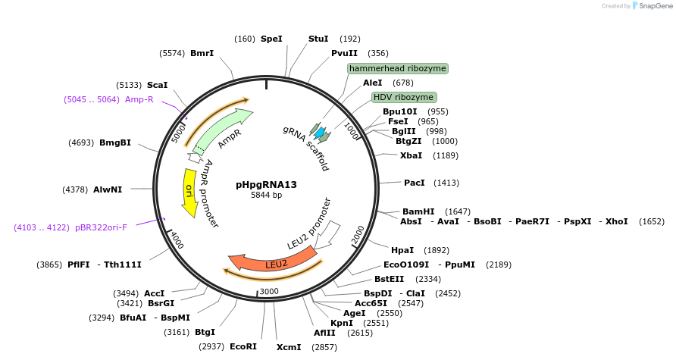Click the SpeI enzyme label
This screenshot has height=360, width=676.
(271, 39)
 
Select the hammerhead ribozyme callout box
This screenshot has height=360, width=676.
(398, 68)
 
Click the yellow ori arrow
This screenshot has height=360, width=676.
(190, 193)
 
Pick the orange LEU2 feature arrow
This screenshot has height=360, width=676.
(273, 262)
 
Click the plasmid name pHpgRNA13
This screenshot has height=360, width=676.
(266, 184)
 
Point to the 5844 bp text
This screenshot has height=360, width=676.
(266, 196)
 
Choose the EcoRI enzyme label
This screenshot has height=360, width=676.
(243, 346)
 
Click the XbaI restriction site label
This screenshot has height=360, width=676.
(411, 155)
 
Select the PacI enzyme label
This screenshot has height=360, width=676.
(415, 183)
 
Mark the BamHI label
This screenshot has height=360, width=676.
(418, 211)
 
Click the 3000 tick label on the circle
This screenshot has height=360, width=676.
(269, 291)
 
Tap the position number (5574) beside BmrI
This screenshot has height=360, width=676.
(173, 53)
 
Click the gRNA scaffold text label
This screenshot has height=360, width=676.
(306, 148)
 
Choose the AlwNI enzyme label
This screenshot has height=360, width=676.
(108, 189)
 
